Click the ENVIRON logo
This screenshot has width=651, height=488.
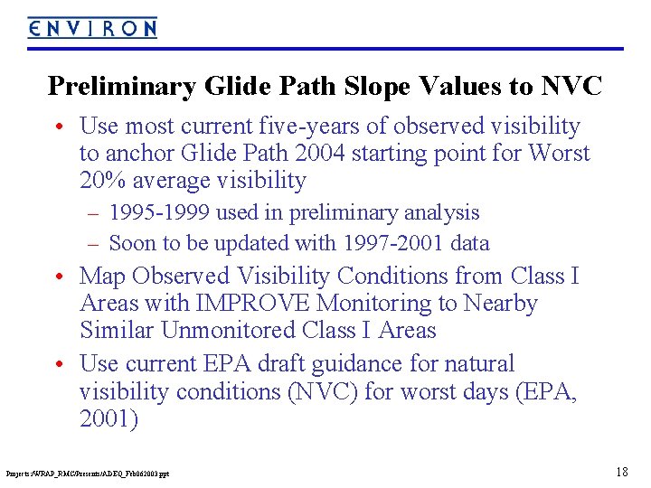(92, 28)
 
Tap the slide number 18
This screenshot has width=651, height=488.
(621, 471)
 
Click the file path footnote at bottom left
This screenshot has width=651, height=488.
(88, 473)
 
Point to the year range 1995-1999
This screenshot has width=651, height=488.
(159, 213)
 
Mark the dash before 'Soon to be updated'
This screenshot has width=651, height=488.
(93, 244)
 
